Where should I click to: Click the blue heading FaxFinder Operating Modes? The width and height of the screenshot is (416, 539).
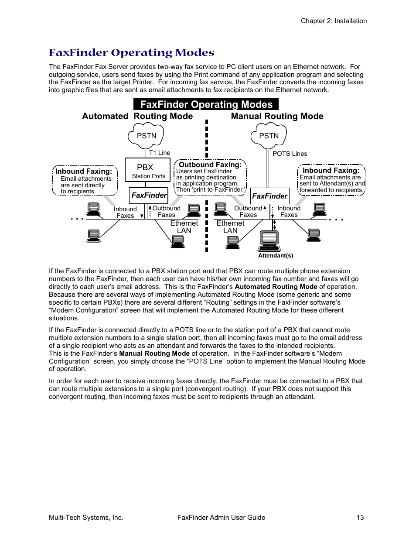coord(131,53)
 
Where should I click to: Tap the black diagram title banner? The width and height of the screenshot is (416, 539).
coord(206,104)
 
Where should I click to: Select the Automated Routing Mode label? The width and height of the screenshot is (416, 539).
coord(137,116)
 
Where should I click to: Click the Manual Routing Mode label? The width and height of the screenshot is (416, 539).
coord(277,116)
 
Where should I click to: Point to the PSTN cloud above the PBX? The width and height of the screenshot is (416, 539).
coord(146,135)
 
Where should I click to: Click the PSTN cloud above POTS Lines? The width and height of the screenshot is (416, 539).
coord(269,135)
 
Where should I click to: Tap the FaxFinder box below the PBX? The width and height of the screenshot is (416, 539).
coord(149,195)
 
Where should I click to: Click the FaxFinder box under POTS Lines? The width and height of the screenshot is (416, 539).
coord(269,196)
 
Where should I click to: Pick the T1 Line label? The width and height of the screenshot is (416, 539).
coord(160,153)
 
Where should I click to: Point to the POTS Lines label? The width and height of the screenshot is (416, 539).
coord(290,154)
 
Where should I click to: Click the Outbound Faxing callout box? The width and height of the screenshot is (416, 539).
coord(210,177)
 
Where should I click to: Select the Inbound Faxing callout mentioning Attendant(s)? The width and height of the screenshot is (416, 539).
coord(331,180)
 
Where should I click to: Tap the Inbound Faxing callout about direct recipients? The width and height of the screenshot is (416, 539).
coord(85,181)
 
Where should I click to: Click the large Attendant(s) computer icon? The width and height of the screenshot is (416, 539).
coord(269,238)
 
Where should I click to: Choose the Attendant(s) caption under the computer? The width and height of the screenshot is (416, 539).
coord(276,256)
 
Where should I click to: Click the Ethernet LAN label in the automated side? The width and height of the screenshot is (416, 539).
coord(184,227)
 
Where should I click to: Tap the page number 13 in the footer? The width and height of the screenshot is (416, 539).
coord(360,518)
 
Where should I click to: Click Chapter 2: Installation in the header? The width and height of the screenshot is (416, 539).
coord(334,21)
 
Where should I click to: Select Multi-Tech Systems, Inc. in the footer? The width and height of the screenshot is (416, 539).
coord(86,518)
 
